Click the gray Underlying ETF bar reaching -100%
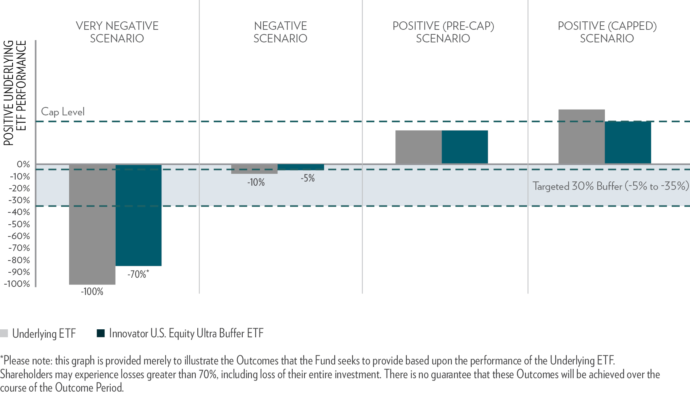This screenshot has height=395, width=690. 92,225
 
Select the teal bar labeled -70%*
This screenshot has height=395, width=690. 139,215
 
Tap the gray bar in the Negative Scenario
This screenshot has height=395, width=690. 255,169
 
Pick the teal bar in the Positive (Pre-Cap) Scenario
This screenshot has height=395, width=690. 465,147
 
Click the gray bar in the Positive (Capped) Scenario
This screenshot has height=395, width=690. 582,137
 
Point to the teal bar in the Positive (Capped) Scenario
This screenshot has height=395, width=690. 628,142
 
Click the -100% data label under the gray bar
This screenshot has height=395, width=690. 92,292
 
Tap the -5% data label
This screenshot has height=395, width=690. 308,178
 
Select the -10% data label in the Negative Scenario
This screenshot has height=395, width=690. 256,183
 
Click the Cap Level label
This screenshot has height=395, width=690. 63,112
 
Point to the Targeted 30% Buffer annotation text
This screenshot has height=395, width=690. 611,186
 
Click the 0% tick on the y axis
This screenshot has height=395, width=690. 23,164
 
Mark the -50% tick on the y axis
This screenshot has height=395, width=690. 19,224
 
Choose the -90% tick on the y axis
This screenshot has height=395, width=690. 19,272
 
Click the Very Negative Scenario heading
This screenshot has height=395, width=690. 117,32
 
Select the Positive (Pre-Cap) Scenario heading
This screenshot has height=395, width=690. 443,32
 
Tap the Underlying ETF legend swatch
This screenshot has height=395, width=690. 4,333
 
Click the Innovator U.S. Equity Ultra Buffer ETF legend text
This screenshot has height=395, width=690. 186,333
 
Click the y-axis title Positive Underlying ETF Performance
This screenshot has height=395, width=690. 15,93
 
